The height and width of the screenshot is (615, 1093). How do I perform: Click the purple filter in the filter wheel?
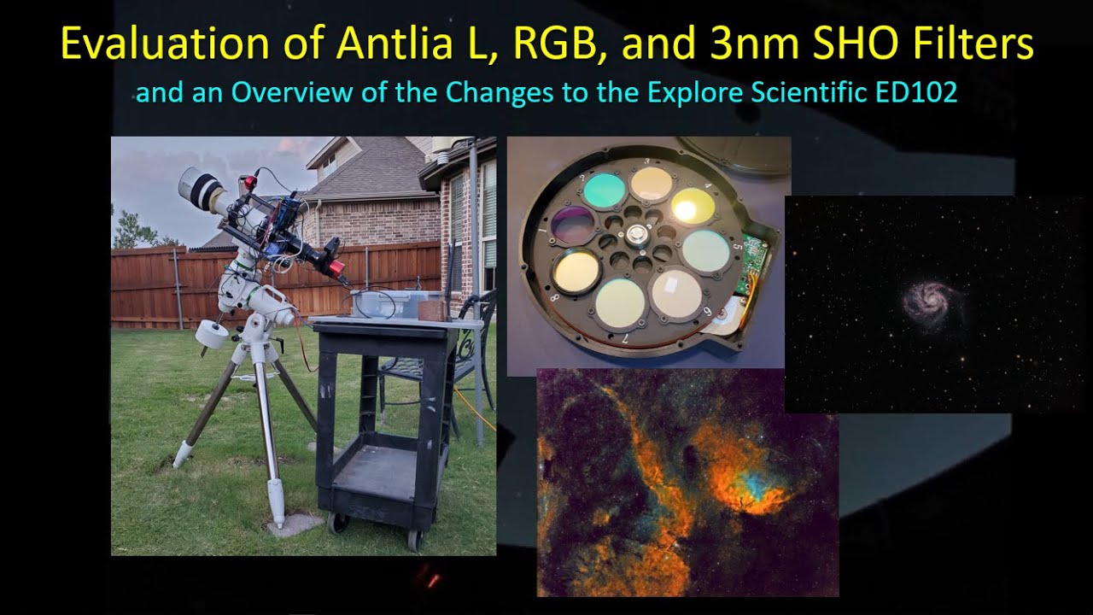[573, 225]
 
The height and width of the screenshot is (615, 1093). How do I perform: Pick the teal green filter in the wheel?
[604, 189]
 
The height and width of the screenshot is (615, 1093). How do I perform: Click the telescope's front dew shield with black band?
[199, 188]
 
